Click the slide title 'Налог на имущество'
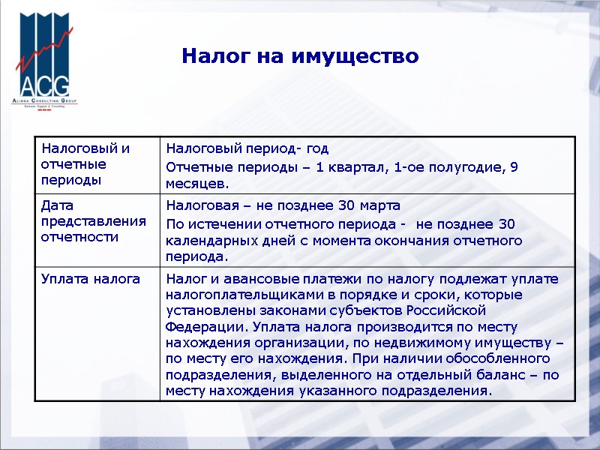[300, 56]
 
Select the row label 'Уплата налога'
[91, 278]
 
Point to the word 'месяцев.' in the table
[197, 184]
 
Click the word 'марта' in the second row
[379, 205]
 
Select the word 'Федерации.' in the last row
[205, 327]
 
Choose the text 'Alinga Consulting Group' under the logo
[44, 100]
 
